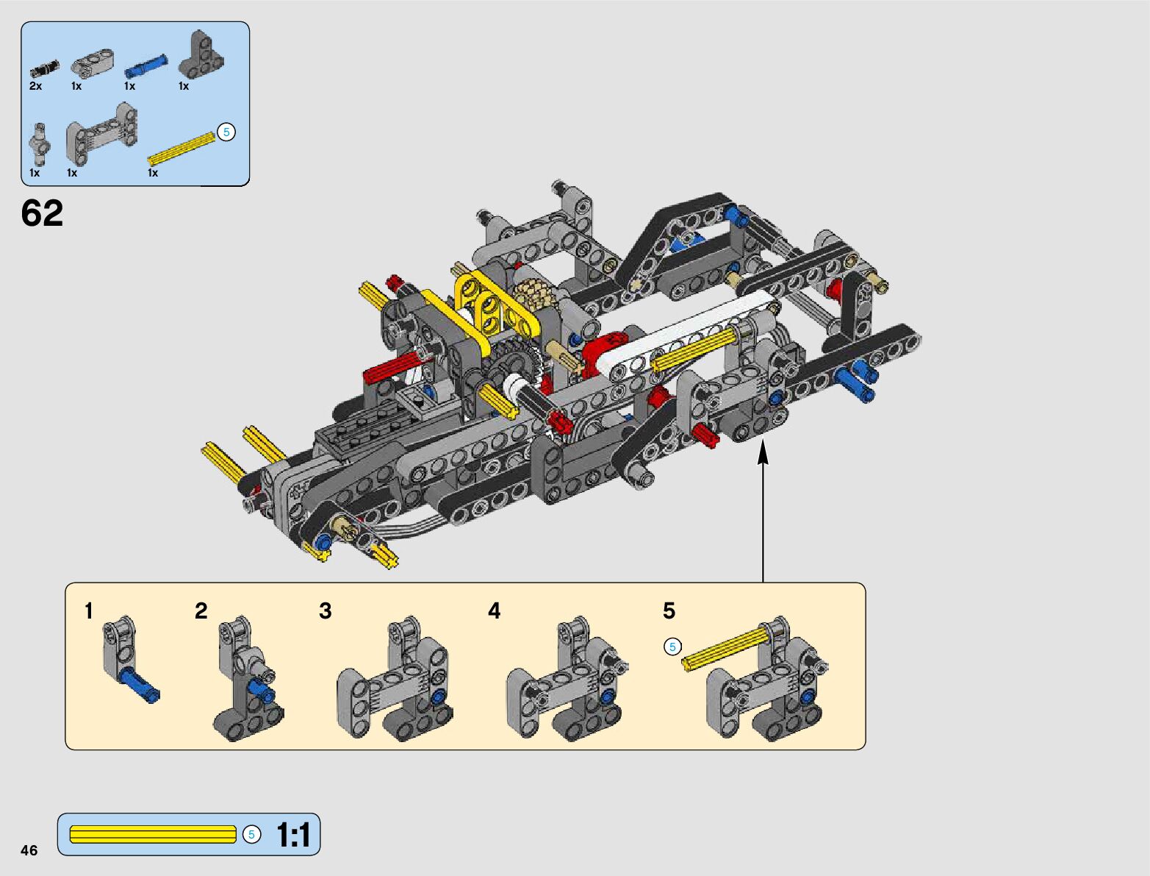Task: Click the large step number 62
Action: [x=42, y=213]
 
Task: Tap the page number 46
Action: [x=29, y=850]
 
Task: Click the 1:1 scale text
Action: [x=293, y=834]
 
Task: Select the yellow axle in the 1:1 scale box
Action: [x=153, y=834]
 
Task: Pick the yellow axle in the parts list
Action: [x=182, y=149]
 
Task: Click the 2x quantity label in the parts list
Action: [x=35, y=86]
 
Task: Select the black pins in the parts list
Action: [x=45, y=68]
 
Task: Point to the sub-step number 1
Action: [x=89, y=610]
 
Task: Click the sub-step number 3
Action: [x=326, y=610]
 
